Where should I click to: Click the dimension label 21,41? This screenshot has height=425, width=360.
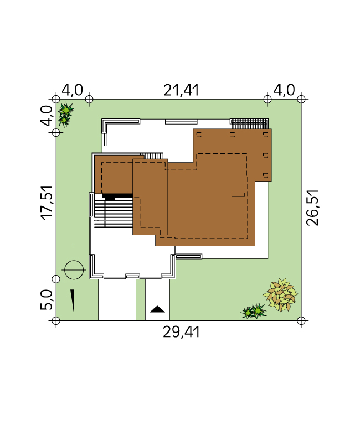181,90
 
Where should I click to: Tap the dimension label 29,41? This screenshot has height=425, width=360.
181,332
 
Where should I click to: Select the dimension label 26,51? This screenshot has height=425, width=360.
312,208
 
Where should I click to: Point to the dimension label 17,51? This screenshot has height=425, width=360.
47,203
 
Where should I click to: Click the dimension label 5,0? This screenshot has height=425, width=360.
47,299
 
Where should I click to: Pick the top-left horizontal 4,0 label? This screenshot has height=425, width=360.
72,90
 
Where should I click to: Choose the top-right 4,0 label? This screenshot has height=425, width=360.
284,90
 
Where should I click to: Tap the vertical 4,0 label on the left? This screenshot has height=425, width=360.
47,116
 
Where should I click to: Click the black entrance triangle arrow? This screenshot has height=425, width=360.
157,309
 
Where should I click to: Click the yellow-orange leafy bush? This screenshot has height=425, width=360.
280,295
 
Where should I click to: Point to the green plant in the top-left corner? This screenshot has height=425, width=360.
65,115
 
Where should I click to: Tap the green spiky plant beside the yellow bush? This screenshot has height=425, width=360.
254,311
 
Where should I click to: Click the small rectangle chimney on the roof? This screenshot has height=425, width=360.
238,195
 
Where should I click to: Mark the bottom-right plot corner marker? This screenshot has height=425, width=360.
301,320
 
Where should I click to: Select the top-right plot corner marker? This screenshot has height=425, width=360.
301,99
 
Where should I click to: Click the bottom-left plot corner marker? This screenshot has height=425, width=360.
55,320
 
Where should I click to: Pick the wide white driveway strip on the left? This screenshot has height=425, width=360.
117,300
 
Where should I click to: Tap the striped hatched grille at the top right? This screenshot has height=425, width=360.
249,123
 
